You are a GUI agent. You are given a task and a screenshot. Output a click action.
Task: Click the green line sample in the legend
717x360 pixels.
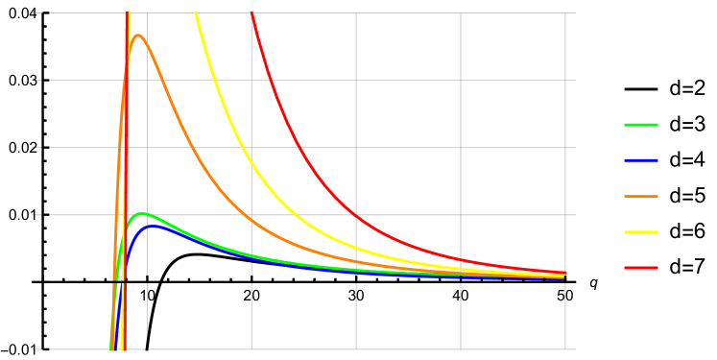tap(640, 125)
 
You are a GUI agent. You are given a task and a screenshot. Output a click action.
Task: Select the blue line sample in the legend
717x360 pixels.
tap(640, 160)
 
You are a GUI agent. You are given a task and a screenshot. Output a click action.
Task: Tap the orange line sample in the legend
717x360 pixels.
tap(640, 196)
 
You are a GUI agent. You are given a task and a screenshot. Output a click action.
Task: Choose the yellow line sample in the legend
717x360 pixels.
tap(640, 231)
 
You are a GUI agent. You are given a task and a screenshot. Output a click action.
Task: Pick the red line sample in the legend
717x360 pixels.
tap(640, 268)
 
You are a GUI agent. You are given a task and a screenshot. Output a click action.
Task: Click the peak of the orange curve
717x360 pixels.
tap(138, 36)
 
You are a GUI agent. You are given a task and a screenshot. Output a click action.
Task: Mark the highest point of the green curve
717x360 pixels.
tap(142, 213)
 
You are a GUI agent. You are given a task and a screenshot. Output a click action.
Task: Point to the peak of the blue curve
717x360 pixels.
tap(149, 226)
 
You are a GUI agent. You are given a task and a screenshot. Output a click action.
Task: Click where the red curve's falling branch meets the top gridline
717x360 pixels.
tap(251, 13)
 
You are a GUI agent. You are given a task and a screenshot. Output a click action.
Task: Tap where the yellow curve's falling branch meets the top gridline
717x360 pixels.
tap(196, 13)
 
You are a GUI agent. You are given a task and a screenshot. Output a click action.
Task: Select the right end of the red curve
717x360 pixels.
tap(565, 273)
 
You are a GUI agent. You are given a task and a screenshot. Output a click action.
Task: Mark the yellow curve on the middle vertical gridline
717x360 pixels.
tap(356, 249)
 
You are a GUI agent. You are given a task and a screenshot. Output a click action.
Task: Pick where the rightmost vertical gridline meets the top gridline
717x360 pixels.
tap(565, 13)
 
